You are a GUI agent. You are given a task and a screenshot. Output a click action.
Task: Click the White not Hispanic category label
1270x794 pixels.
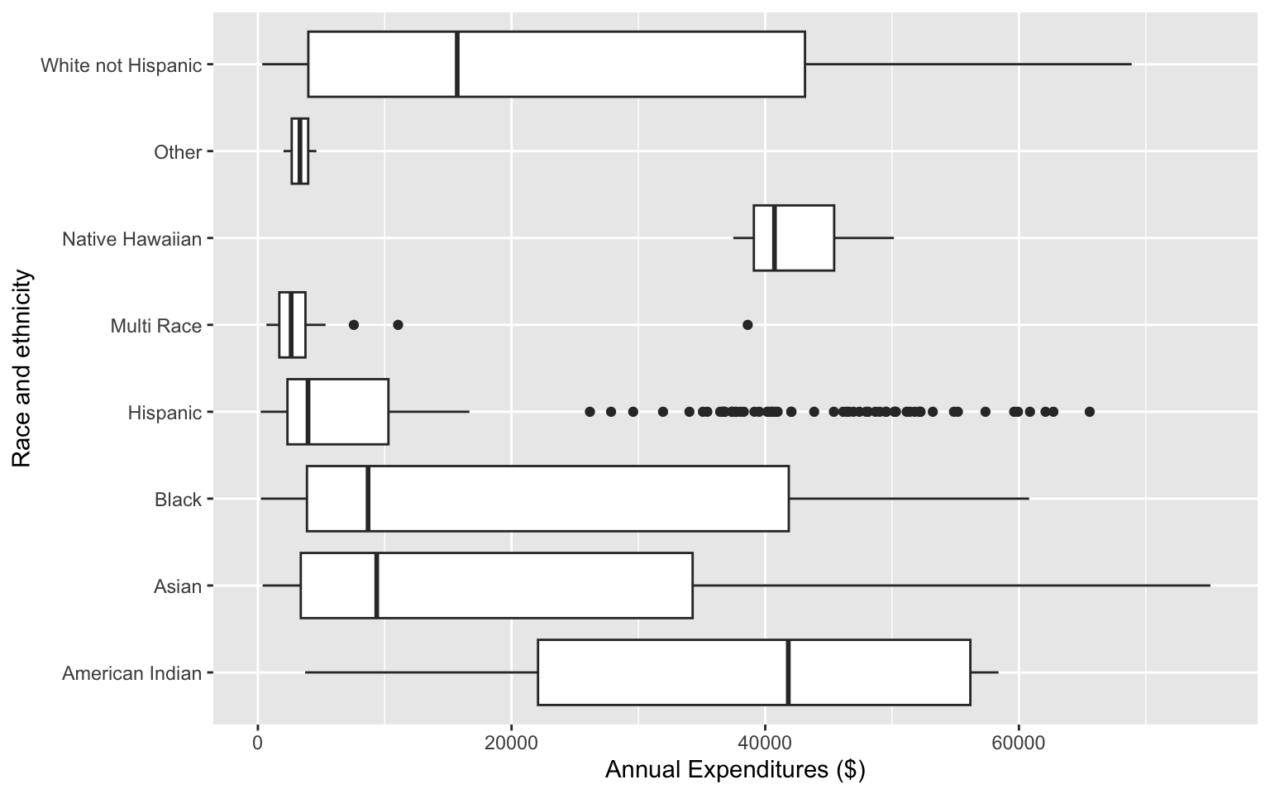click(x=121, y=65)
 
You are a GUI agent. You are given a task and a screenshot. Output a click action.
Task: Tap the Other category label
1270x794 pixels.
click(x=178, y=152)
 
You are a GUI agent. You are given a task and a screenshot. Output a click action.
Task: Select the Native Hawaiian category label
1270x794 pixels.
click(x=132, y=239)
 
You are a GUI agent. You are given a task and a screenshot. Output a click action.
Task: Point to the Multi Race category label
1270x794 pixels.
click(x=156, y=326)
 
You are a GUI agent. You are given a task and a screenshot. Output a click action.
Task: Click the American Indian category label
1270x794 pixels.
click(x=132, y=673)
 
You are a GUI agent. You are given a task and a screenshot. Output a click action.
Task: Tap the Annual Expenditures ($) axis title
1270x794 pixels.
click(x=735, y=770)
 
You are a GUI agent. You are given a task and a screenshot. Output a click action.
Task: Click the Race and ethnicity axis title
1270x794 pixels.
click(x=22, y=368)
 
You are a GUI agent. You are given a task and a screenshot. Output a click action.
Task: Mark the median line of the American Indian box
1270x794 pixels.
click(x=788, y=672)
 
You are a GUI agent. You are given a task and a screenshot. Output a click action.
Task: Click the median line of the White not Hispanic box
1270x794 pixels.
click(x=457, y=64)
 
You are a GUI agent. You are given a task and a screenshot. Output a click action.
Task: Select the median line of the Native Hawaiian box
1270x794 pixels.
click(x=774, y=237)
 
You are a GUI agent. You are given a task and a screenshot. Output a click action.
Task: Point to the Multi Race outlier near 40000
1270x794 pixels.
click(x=747, y=325)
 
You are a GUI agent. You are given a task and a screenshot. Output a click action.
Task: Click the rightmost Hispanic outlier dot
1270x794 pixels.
click(x=1089, y=412)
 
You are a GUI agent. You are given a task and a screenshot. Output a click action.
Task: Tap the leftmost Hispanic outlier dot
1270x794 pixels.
click(x=590, y=412)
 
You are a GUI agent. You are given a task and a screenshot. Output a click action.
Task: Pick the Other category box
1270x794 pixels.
click(x=299, y=151)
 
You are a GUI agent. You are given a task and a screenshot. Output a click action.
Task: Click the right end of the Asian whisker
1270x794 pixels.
click(x=1210, y=586)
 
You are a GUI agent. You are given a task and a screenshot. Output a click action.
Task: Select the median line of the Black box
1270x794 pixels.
click(x=368, y=499)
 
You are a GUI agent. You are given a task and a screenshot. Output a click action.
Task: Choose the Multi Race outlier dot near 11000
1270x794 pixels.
click(x=398, y=325)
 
